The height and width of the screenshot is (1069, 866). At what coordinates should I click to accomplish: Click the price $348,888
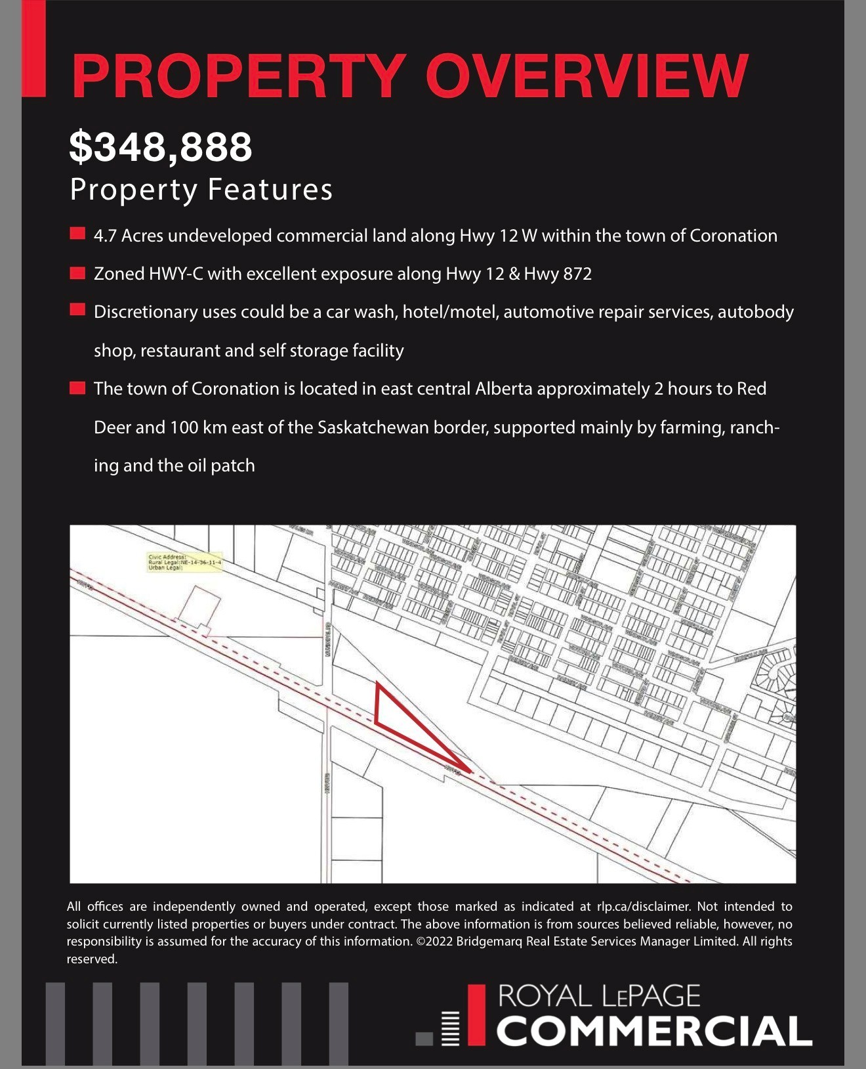pos(160,146)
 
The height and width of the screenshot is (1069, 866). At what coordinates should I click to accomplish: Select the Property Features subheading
pos(201,190)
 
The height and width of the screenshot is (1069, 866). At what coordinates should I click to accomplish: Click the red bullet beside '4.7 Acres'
pos(77,234)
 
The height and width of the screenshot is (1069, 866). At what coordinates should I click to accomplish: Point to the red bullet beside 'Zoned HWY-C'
pos(77,273)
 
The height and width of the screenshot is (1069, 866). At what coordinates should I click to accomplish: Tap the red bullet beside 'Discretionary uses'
pos(77,311)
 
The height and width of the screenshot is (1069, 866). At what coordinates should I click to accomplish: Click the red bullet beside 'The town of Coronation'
pos(77,388)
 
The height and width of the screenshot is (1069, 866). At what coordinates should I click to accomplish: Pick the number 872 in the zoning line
pos(577,274)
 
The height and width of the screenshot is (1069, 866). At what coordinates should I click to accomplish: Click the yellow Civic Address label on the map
pos(184,562)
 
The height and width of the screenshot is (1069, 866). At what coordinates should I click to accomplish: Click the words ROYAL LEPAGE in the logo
pos(599,996)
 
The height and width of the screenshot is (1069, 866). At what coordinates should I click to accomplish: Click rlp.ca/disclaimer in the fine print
pos(643,907)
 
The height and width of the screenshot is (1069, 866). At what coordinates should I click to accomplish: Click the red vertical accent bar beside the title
pos(33,49)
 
